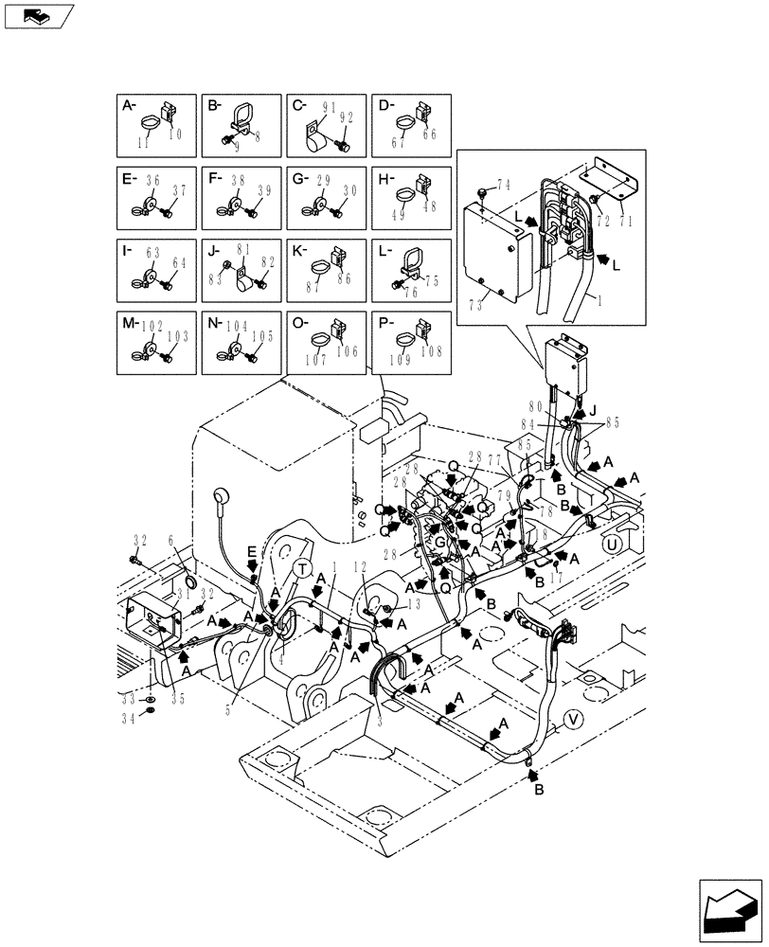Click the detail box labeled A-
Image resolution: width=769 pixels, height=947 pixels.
coord(156,126)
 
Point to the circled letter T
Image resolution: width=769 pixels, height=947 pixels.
coord(302,567)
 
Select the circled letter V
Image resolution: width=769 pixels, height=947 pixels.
coord(574,722)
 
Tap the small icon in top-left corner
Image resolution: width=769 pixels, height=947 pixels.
coord(38,15)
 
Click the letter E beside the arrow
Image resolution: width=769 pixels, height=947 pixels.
coord(250,550)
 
